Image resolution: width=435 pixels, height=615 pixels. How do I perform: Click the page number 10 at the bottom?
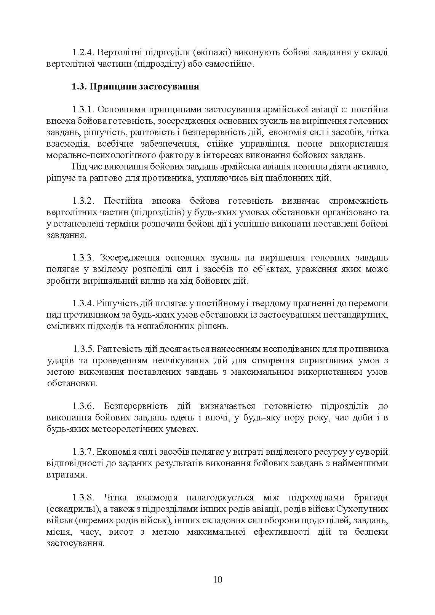pos(218,580)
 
